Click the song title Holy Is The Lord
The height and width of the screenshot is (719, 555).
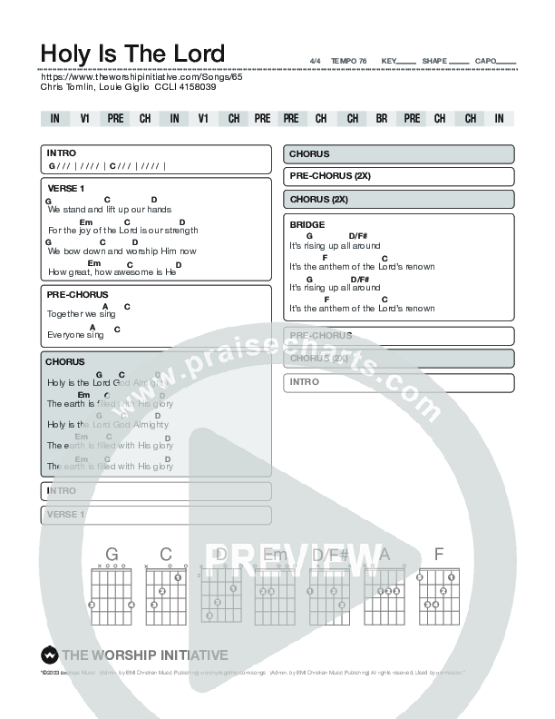pos(132,53)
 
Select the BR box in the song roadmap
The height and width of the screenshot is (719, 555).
pos(382,119)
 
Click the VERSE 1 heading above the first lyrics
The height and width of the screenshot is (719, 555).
pos(66,188)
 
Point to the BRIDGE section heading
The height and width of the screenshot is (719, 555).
pos(307,224)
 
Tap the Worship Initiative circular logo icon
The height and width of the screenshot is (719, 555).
pos(49,655)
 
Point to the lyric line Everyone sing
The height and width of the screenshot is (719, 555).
pos(75,335)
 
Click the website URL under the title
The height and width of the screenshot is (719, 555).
pos(142,77)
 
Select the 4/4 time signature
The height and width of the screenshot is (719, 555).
pos(315,61)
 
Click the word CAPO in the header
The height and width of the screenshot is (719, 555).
pos(485,61)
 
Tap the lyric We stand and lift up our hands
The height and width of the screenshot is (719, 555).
pos(109,209)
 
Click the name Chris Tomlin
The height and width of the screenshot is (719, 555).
pos(64,87)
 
